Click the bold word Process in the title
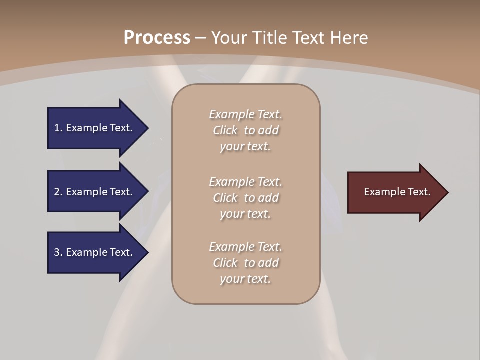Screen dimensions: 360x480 pos(157,38)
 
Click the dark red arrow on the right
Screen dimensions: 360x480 pos(395,192)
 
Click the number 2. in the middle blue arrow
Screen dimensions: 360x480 pos(58,192)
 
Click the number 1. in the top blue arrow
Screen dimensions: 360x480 pos(58,128)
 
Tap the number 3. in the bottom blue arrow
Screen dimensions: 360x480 pos(58,252)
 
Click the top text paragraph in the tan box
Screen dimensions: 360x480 pos(245,130)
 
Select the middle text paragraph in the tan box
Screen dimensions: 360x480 pos(245,198)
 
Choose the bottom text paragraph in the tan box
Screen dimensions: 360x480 pos(245,263)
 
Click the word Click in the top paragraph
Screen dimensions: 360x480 pos(225,131)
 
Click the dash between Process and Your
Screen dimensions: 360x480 pos(200,38)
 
